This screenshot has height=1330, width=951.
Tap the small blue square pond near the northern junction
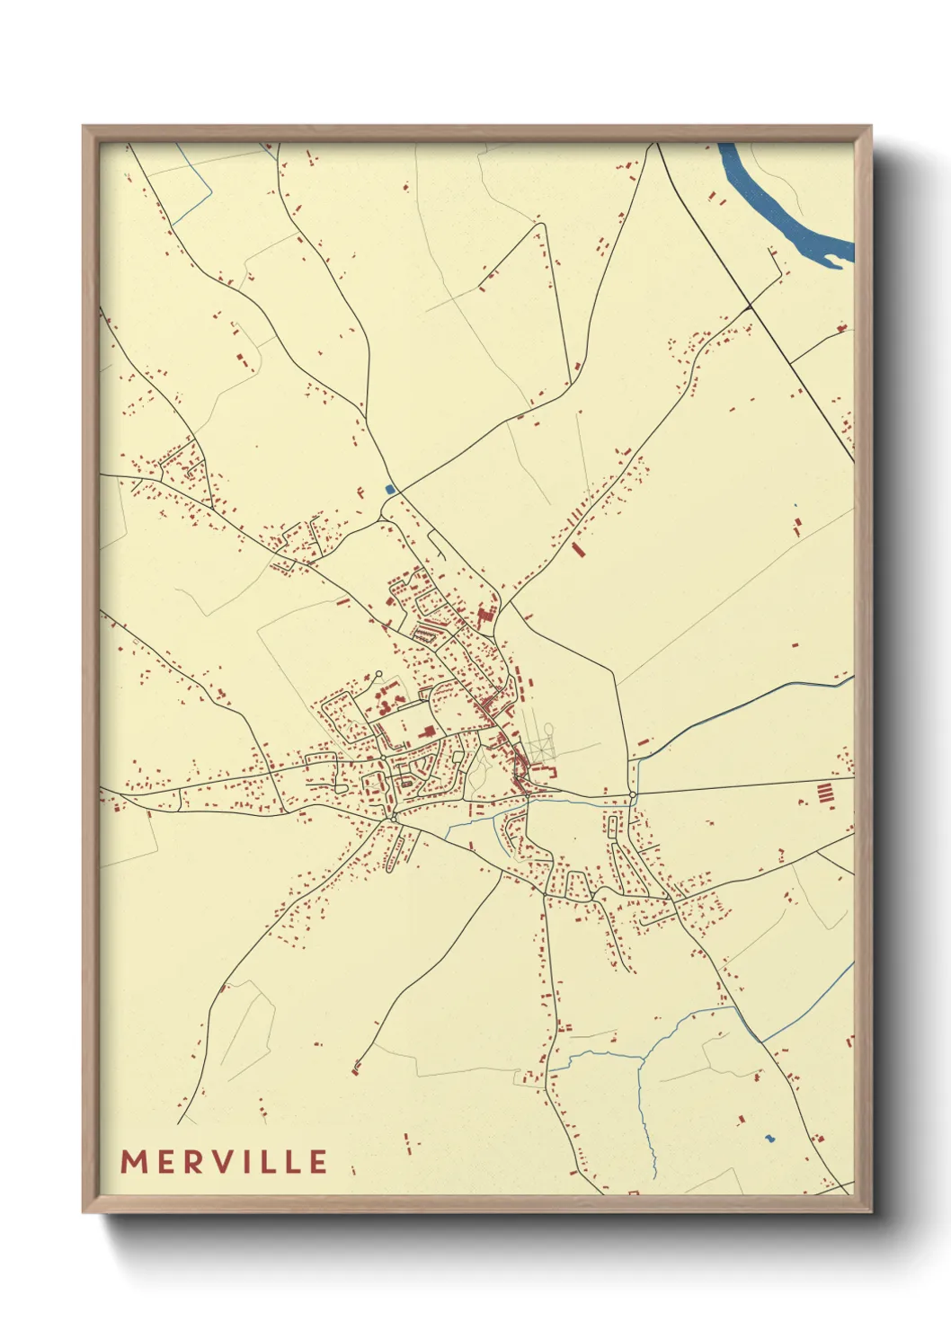click(389, 489)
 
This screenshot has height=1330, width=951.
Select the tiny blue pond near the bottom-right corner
click(769, 1139)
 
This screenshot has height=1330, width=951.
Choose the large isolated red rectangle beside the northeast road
click(577, 548)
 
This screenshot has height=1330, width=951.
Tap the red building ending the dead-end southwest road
click(356, 1068)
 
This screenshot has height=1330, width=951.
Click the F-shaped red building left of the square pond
click(360, 492)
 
